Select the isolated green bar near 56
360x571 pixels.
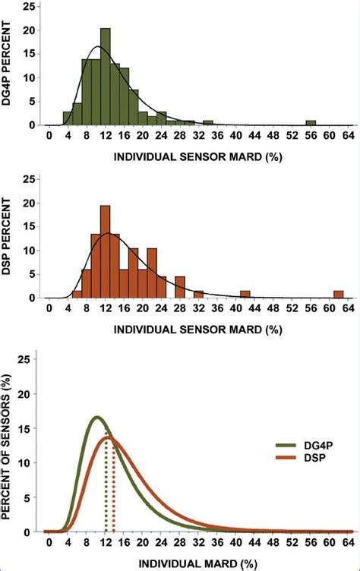[x=311, y=123]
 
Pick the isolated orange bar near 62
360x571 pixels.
[x=339, y=295]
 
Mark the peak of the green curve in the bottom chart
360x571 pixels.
[x=96, y=418]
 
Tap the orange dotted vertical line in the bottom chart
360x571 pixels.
[x=114, y=494]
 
